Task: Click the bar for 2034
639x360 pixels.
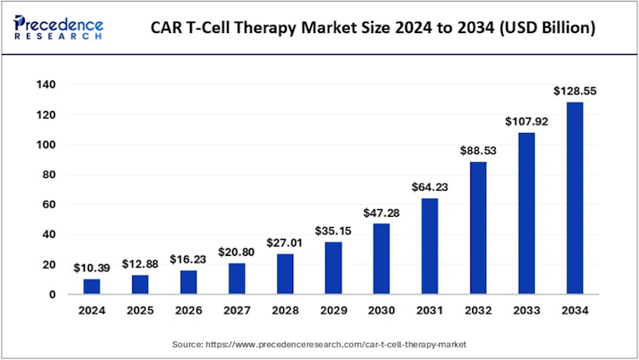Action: (x=575, y=198)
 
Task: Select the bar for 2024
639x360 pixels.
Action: (x=91, y=286)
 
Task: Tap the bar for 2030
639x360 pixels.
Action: (x=381, y=258)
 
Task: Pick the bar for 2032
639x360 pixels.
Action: (x=478, y=228)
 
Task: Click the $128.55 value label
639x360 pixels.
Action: (x=575, y=91)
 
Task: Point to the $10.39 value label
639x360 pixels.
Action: (x=91, y=268)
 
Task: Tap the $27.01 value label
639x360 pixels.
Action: (x=284, y=243)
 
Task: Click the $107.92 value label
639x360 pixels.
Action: (x=526, y=121)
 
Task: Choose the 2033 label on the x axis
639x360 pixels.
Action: (x=526, y=310)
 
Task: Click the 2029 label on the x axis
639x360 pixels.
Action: (x=333, y=310)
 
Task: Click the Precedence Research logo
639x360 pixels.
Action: (x=59, y=28)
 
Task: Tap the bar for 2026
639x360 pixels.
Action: (x=187, y=282)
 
